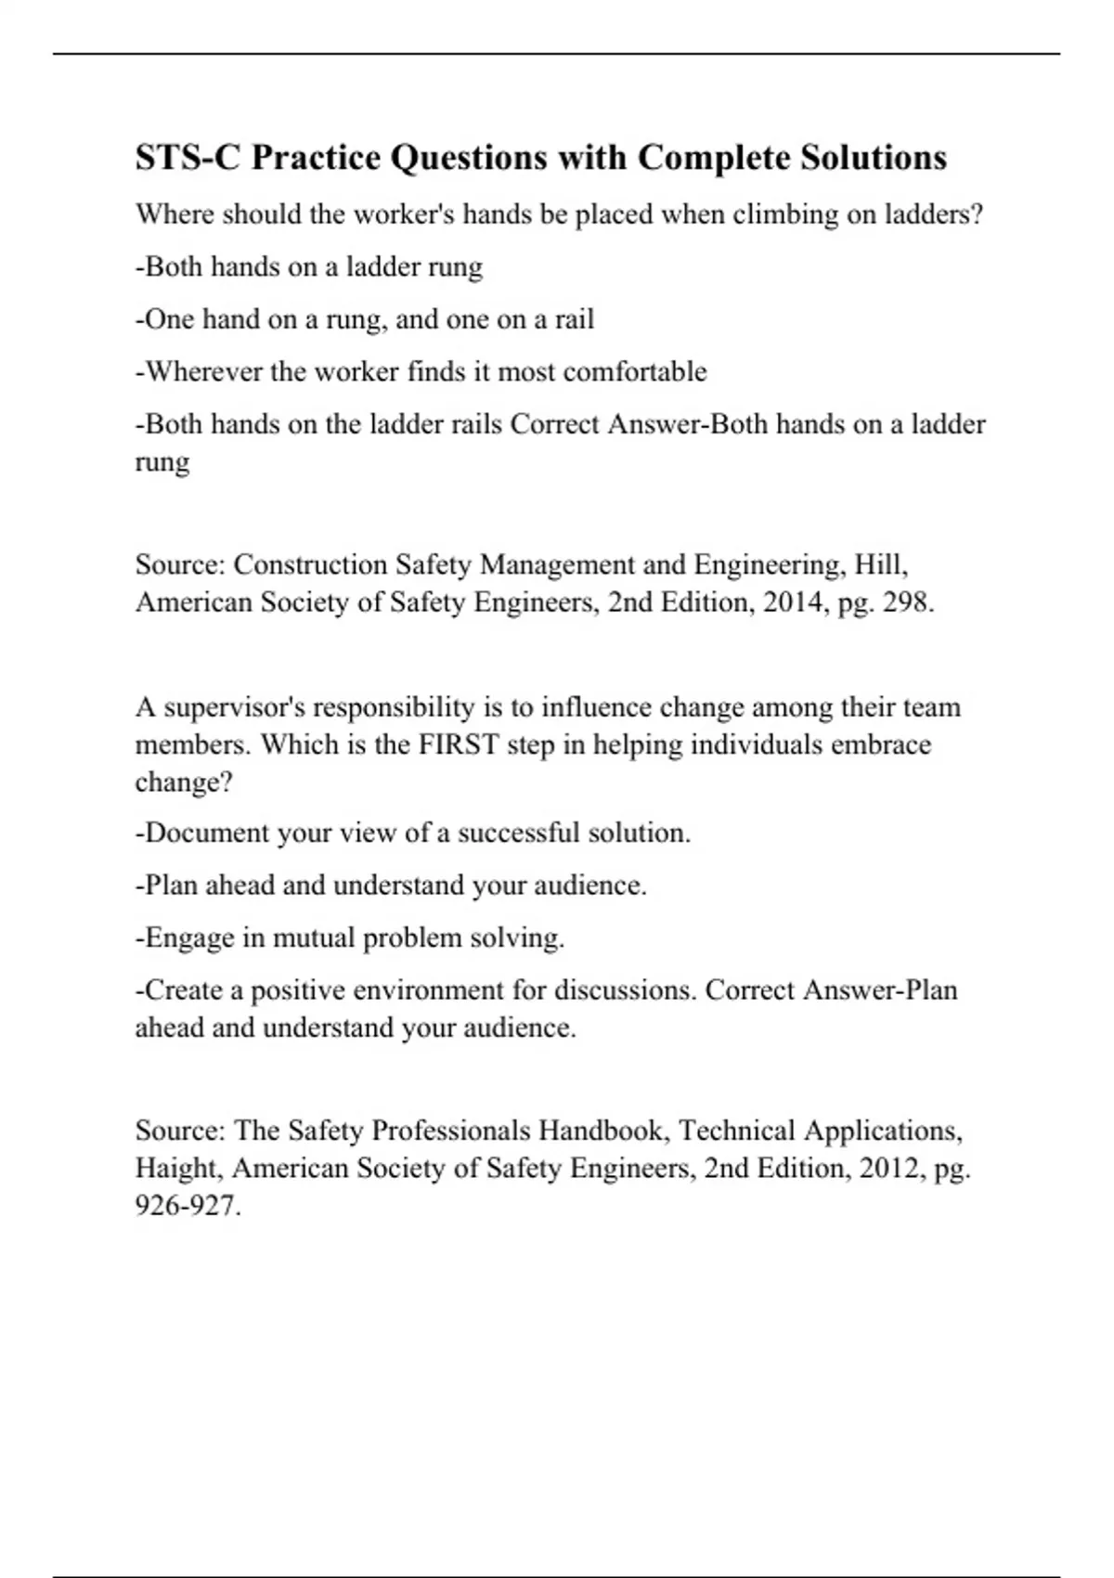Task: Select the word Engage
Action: click(185, 938)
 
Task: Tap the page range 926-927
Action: click(188, 1206)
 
